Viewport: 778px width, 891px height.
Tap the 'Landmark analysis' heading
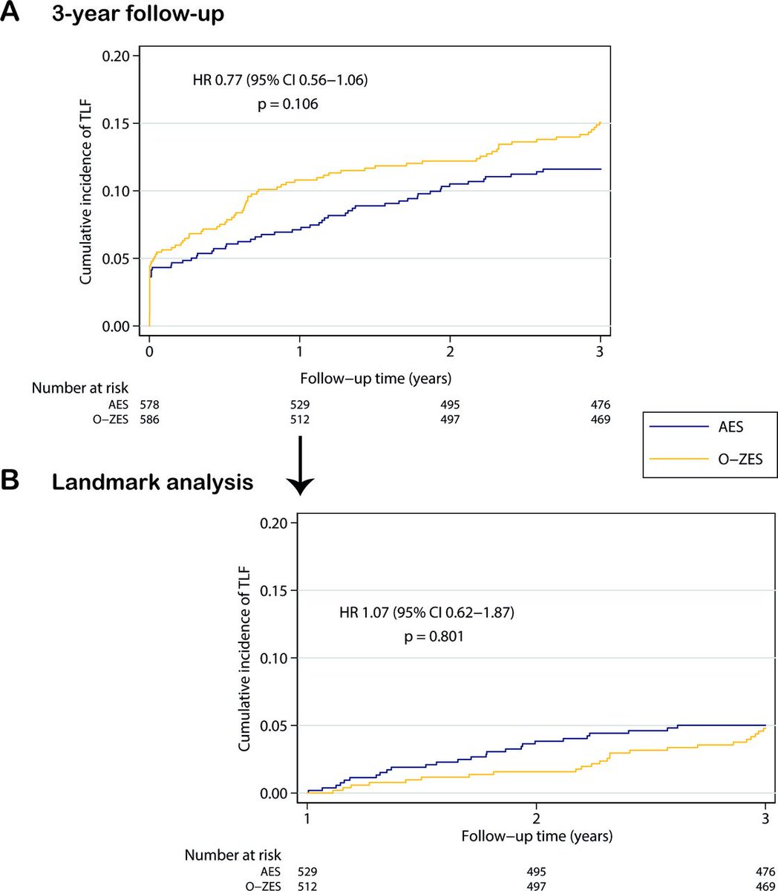coord(152,482)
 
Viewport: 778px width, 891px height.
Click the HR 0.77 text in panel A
coord(280,79)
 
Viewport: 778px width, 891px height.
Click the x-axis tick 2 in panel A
coord(450,350)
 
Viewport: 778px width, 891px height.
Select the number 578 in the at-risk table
coord(150,405)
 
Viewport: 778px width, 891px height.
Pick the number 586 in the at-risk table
coord(150,420)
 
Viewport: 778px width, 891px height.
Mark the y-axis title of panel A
coord(87,192)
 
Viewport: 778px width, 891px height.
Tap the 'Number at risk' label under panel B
coord(232,855)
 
